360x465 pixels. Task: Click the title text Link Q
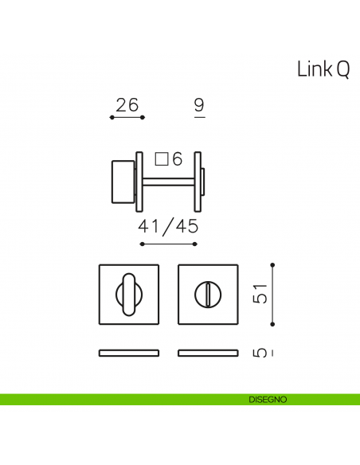323,69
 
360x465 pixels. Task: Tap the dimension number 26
127,104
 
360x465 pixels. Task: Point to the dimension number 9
199,104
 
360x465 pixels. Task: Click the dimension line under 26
127,118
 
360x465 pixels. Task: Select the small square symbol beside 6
161,159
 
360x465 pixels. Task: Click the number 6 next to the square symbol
177,159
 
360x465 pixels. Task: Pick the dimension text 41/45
167,226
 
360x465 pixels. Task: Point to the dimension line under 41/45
167,244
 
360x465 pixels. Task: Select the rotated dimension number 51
259,293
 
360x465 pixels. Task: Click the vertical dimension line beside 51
272,295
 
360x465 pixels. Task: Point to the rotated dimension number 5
259,352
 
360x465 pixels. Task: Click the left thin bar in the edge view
127,352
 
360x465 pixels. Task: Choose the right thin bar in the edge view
208,352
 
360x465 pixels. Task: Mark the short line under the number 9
199,117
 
